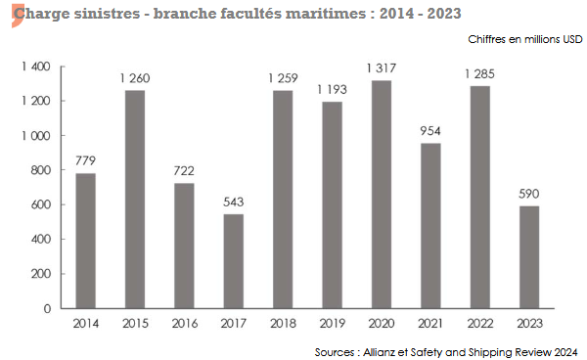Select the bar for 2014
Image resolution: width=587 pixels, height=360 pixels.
[86, 241]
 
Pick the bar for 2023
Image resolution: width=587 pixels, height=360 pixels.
[528, 256]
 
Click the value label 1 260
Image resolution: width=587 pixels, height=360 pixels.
[135, 78]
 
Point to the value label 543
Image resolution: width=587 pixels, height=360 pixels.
[233, 202]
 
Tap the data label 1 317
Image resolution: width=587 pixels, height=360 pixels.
[381, 68]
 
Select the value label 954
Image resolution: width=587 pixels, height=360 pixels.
[429, 131]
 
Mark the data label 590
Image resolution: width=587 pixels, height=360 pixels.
[528, 194]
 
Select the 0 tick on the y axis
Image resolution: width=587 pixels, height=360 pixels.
[46, 308]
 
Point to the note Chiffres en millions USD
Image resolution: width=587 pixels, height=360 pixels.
[523, 40]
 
